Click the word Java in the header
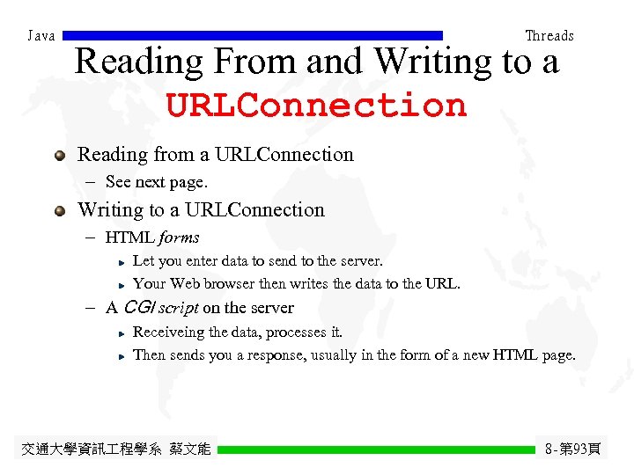pos(41,36)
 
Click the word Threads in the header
pos(549,36)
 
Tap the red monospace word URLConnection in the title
pos(316,106)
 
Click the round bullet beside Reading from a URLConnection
pos(60,155)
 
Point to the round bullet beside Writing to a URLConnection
pos(60,210)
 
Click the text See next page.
pos(156,182)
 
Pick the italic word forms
pos(180,237)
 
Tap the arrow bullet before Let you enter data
pos(123,262)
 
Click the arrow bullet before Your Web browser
pos(123,285)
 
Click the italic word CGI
pos(139,308)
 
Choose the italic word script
pos(180,308)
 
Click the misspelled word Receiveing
pos(168,332)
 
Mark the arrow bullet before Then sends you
pos(123,356)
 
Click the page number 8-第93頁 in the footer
pos(572,449)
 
